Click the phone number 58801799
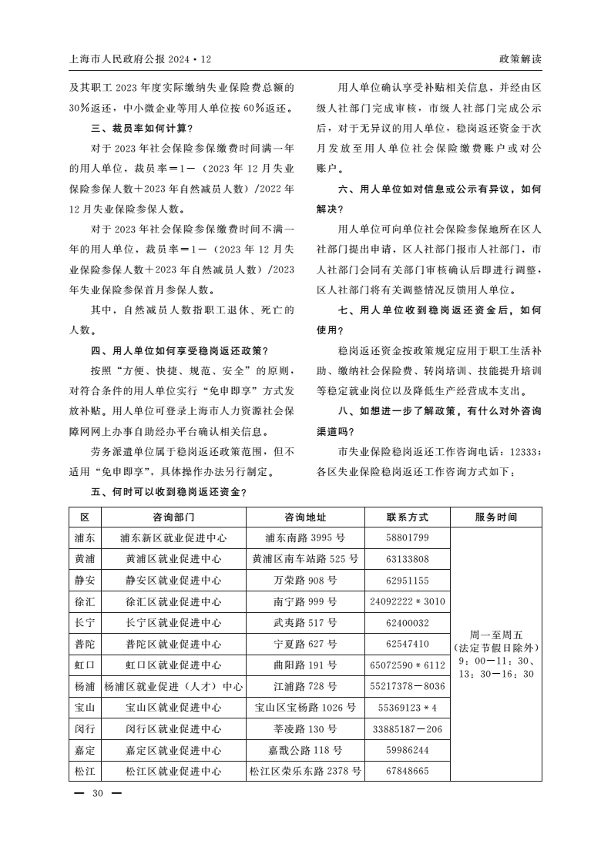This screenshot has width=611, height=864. [407, 537]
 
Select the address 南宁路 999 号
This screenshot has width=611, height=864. [305, 601]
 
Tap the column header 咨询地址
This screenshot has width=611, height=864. [305, 517]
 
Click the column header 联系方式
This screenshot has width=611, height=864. [407, 517]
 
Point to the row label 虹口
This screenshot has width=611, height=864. [85, 665]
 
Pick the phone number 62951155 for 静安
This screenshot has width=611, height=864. [407, 581]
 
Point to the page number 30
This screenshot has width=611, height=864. [97, 794]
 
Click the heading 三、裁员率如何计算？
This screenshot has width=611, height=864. [142, 128]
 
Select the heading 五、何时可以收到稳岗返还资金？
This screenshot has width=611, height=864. [170, 491]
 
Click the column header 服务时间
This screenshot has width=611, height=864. [496, 517]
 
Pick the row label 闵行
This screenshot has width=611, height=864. [85, 728]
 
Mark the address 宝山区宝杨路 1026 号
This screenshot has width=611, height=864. [305, 707]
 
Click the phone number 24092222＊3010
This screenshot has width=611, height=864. [407, 601]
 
